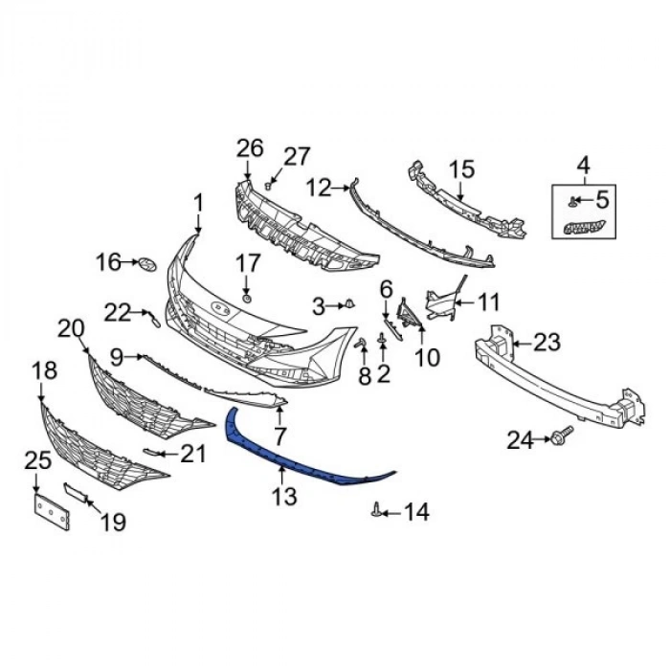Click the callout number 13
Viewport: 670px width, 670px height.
pyautogui.click(x=284, y=497)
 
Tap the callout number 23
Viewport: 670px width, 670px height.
pyautogui.click(x=547, y=343)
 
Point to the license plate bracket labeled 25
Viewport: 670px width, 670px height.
pyautogui.click(x=52, y=511)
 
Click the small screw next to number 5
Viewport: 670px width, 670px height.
pyautogui.click(x=571, y=202)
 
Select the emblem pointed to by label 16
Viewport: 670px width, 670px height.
pyautogui.click(x=147, y=265)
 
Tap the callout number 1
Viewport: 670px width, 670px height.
pyautogui.click(x=199, y=204)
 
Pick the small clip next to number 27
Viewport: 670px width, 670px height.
pyautogui.click(x=268, y=186)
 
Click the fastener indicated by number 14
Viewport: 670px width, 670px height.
pyautogui.click(x=376, y=510)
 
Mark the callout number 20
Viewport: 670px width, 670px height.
pyautogui.click(x=72, y=329)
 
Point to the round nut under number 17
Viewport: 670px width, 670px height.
pyautogui.click(x=247, y=299)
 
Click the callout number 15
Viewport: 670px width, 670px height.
pyautogui.click(x=462, y=168)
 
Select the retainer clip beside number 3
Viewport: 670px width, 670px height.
pyautogui.click(x=350, y=304)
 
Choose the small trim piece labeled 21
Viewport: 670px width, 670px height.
pyautogui.click(x=152, y=451)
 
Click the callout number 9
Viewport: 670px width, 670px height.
pyautogui.click(x=117, y=357)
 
